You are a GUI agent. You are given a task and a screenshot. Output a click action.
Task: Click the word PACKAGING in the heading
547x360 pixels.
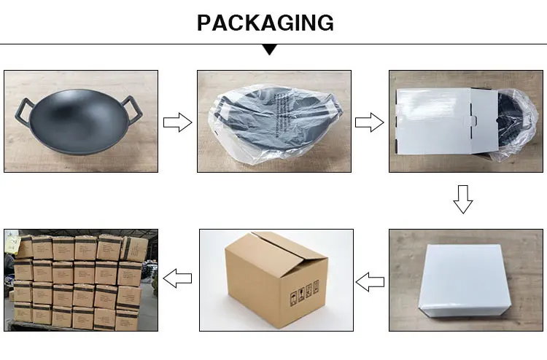click(x=265, y=23)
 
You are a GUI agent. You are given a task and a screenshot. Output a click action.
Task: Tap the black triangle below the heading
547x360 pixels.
click(x=270, y=50)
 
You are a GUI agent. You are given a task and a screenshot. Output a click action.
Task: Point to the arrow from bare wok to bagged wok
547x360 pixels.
click(x=176, y=122)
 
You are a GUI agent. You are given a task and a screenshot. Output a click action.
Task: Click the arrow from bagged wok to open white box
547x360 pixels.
click(x=369, y=122)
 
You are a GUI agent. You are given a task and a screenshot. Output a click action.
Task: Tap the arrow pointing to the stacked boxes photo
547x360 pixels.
click(x=176, y=278)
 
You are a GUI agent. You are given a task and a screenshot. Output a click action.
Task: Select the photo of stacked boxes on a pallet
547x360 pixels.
click(x=80, y=280)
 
